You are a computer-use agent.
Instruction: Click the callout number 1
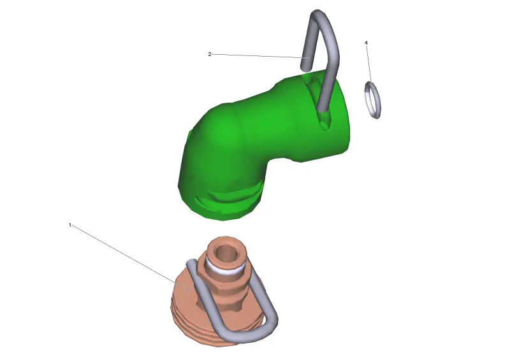click(x=70, y=225)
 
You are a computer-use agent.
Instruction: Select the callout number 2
click(x=210, y=54)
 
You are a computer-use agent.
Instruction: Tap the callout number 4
click(x=366, y=43)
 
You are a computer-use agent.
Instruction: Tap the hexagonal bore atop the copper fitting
click(x=224, y=252)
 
